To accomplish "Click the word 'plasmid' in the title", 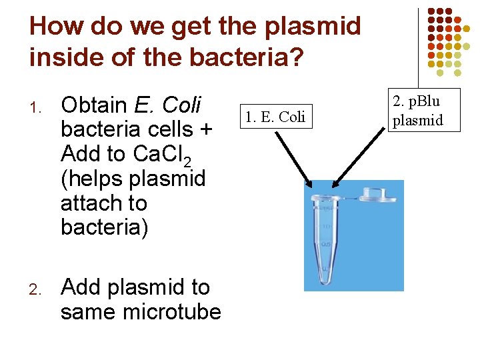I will point(312,27).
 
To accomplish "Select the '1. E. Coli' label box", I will point(275,117).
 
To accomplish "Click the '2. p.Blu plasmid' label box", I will point(417,111).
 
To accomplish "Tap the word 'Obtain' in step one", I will point(94,105).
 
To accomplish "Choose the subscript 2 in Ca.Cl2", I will point(188,161).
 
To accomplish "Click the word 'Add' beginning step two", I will point(79,287).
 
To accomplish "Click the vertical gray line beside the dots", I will point(418,40).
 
